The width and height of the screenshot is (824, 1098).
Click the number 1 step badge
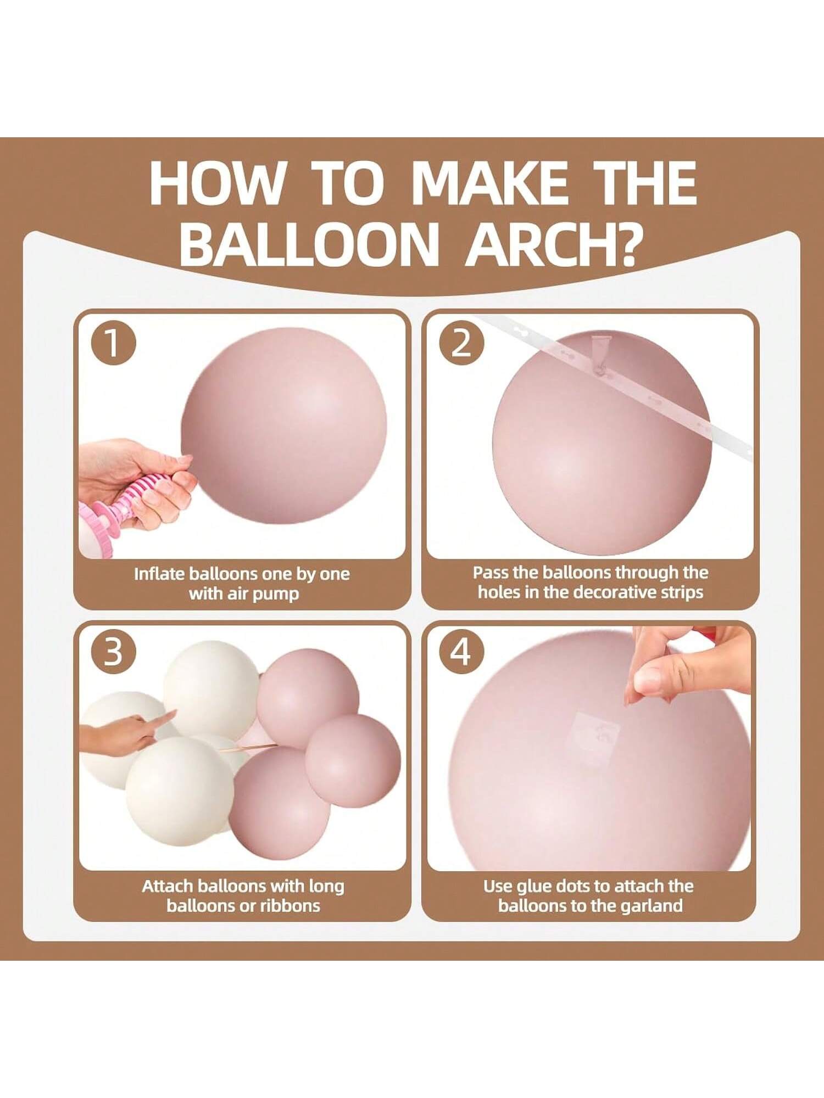pyautogui.click(x=113, y=344)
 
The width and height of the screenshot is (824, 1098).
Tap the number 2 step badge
pyautogui.click(x=461, y=344)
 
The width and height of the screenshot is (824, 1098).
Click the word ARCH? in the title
pyautogui.click(x=554, y=243)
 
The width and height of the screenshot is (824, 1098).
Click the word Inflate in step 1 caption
pyautogui.click(x=159, y=574)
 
